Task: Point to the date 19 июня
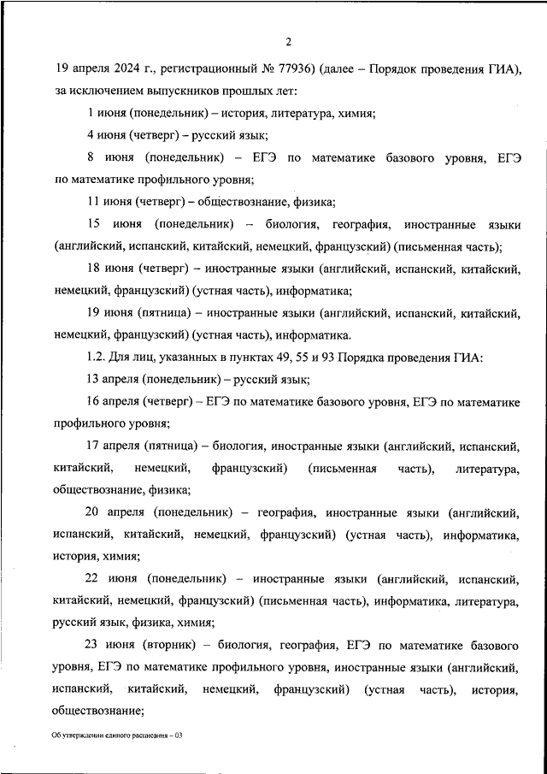pos(109,314)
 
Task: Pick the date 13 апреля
pos(114,381)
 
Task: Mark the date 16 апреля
pos(114,403)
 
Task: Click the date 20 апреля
pos(117,513)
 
